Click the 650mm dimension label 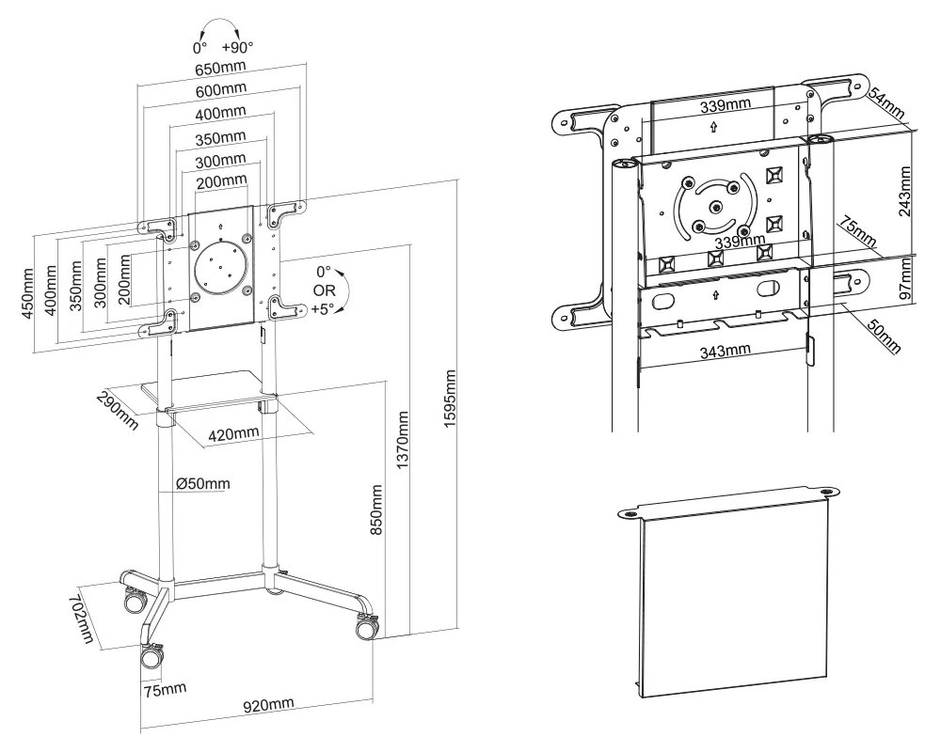coord(222,69)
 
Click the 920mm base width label coord(269,704)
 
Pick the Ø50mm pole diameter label coord(202,484)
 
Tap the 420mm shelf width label coord(233,433)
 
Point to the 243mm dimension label coord(905,192)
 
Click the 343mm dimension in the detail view coord(726,351)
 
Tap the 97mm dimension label coord(905,279)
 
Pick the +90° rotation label coord(237,46)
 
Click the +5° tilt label coord(323,306)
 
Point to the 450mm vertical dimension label coord(28,294)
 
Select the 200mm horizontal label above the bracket coord(222,180)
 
